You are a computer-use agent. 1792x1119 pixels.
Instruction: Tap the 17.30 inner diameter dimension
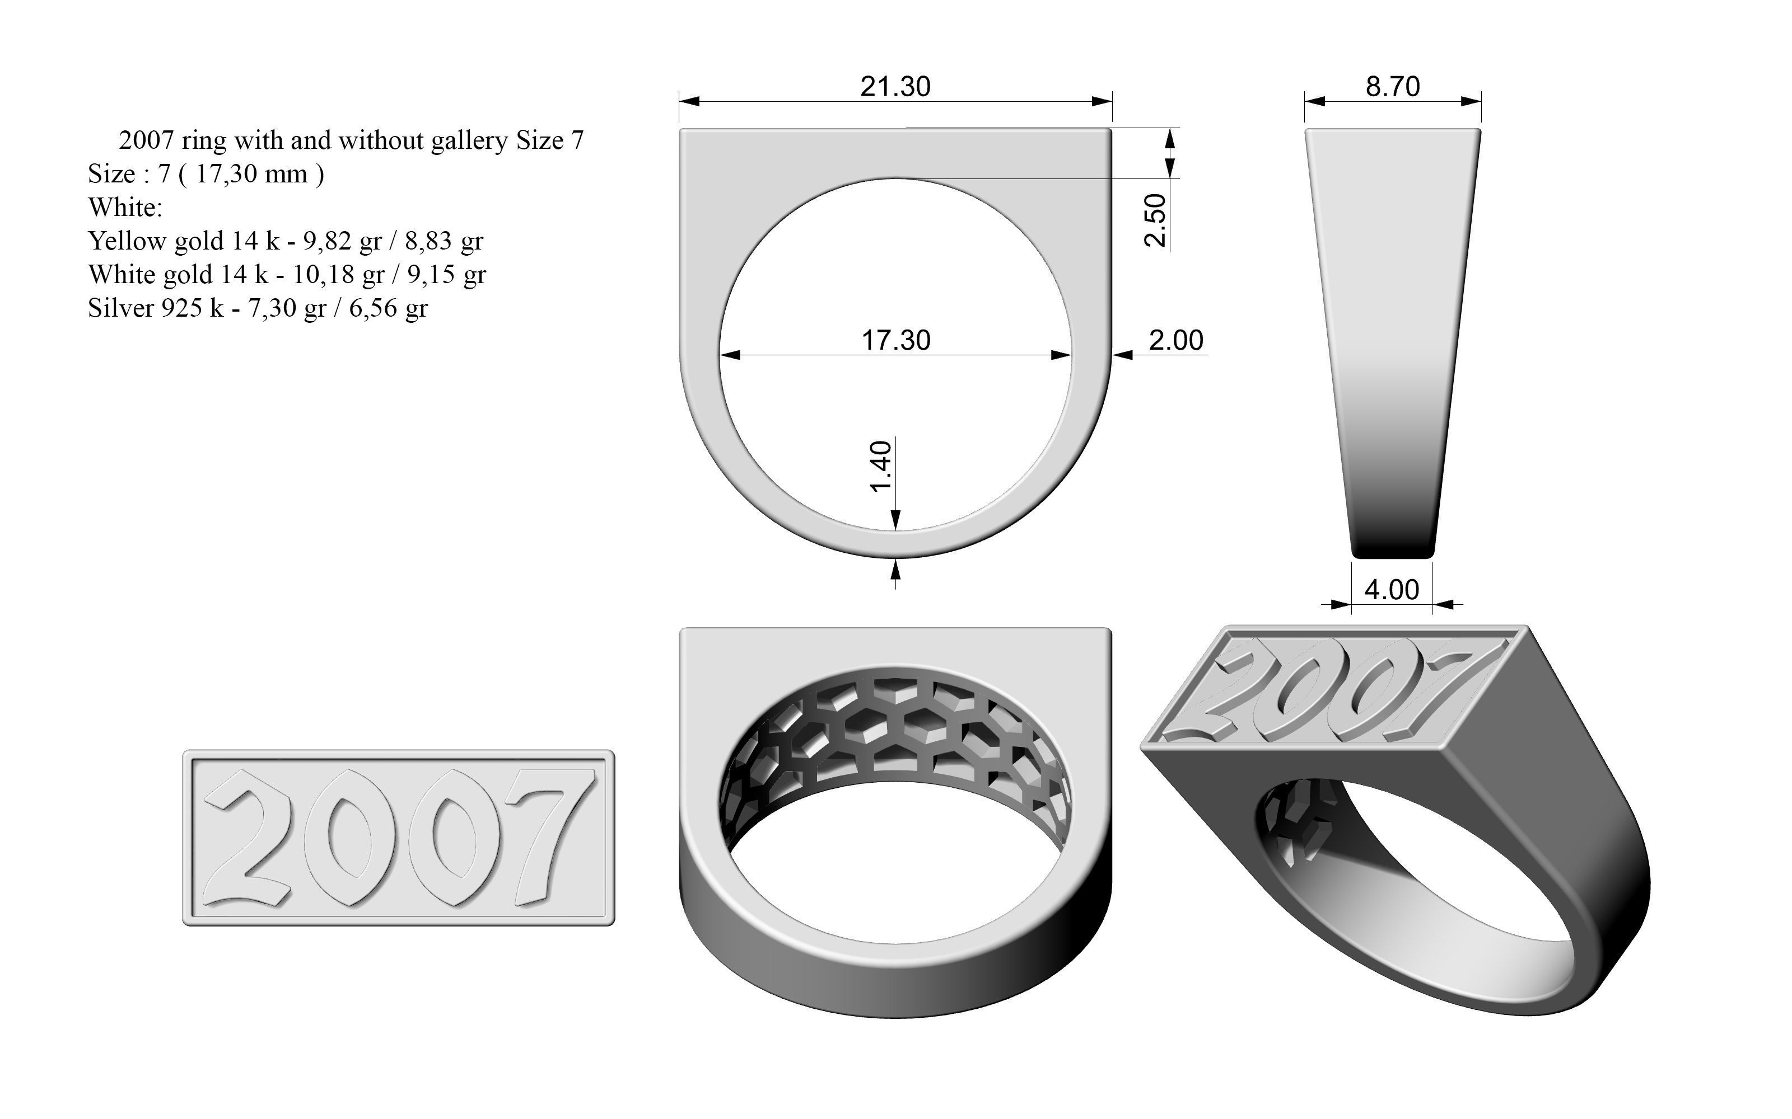pos(895,340)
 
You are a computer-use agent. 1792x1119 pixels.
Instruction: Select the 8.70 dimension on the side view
pos(1392,87)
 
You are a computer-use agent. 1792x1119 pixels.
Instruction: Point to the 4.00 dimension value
pos(1392,590)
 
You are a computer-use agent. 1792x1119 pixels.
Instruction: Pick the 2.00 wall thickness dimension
pos(1176,340)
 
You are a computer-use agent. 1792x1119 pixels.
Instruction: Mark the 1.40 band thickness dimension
pos(880,466)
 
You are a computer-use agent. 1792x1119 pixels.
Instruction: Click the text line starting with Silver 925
pos(257,308)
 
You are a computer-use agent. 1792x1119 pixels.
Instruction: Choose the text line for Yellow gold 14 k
pos(285,241)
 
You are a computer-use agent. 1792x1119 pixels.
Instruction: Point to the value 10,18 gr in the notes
pos(338,275)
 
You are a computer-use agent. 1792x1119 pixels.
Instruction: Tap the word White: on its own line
pos(124,207)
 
